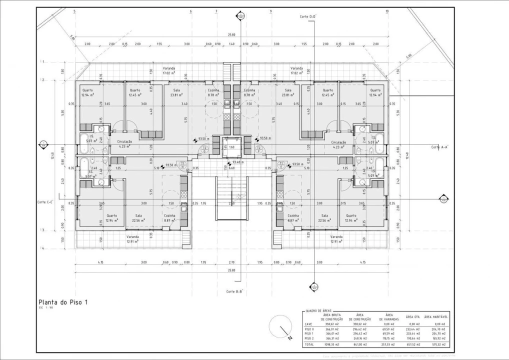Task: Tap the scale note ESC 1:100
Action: pos(44,308)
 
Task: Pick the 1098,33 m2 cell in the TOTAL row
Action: pos(329,344)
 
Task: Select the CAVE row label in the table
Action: pos(308,324)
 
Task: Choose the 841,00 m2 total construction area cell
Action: pos(359,344)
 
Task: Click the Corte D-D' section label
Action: pos(308,16)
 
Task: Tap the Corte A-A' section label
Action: pos(440,147)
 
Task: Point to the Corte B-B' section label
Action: pos(234,291)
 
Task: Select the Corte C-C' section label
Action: pos(45,202)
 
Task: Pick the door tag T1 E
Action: pos(281,164)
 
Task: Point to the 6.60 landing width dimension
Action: pos(231,168)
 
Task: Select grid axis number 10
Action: pos(387,11)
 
